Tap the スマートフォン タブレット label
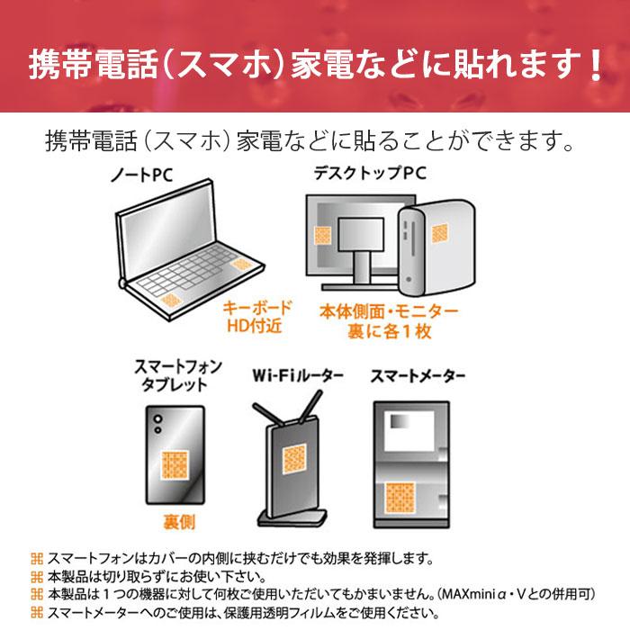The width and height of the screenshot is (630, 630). pyautogui.click(x=170, y=376)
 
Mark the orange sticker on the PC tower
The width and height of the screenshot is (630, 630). pyautogui.click(x=439, y=233)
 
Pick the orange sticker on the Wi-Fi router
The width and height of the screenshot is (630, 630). pyautogui.click(x=296, y=461)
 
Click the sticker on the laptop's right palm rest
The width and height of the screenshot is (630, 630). pyautogui.click(x=241, y=264)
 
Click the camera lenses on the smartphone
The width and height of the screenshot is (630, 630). pyautogui.click(x=158, y=424)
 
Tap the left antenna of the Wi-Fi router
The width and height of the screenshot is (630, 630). pyautogui.click(x=270, y=404)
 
